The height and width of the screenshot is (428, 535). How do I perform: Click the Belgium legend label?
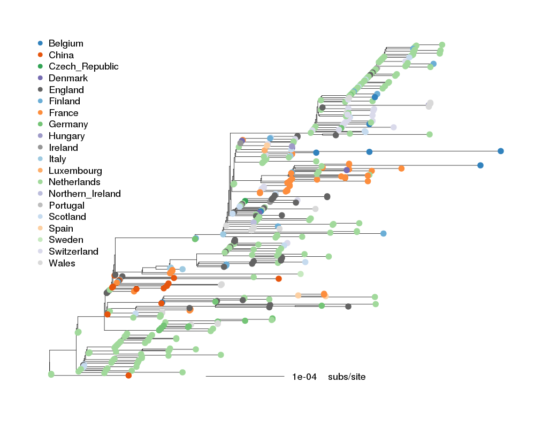[66, 43]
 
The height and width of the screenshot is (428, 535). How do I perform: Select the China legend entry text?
[61, 55]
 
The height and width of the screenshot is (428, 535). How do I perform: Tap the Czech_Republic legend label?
[83, 66]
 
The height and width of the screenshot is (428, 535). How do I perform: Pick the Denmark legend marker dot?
[40, 78]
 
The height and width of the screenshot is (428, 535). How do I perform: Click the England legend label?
[66, 90]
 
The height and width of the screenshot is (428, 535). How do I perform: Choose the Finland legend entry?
[64, 101]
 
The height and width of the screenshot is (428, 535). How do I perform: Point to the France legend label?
[63, 113]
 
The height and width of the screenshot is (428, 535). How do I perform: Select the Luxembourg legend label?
[75, 171]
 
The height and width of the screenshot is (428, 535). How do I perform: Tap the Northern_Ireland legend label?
[85, 194]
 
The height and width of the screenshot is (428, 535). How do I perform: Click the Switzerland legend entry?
[73, 251]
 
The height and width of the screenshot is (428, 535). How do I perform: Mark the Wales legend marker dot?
[40, 263]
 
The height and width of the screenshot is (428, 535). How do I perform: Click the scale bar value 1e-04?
[304, 377]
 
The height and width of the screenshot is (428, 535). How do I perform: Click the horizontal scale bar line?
[244, 377]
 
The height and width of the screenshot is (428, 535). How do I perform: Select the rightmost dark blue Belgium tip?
[501, 151]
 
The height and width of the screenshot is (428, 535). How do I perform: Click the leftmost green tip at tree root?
[51, 374]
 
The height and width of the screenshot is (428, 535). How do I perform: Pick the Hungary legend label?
[66, 136]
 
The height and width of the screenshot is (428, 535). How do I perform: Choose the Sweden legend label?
[66, 240]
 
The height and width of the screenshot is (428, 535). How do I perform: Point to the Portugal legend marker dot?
[40, 205]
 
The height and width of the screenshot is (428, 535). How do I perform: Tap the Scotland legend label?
[67, 217]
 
